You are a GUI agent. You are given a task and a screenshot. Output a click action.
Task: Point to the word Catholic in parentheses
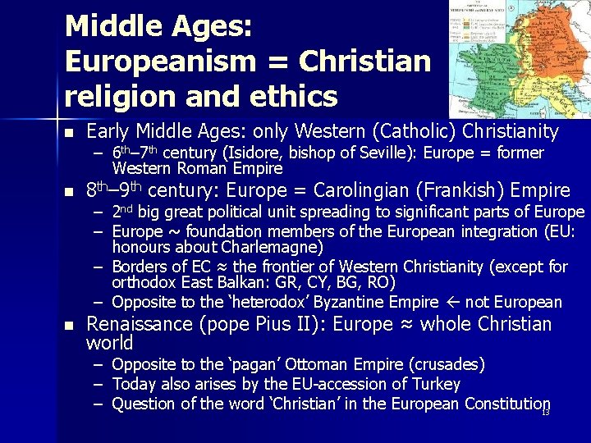(x=415, y=131)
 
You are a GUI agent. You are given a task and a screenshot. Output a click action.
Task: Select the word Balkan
(x=237, y=283)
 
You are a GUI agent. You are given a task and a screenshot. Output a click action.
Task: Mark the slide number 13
(x=545, y=411)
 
